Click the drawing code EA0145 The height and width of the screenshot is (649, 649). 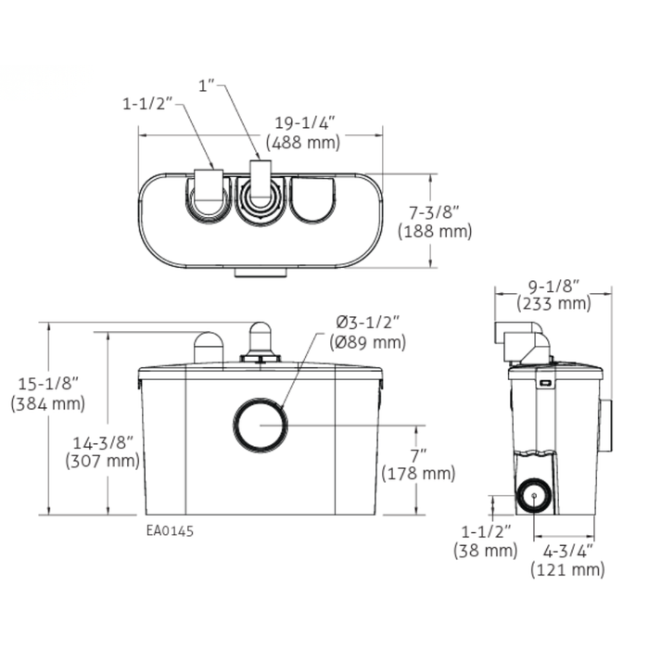[170, 531]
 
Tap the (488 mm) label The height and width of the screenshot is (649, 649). [302, 143]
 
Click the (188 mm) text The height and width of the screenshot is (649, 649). [434, 233]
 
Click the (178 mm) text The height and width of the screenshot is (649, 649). [417, 474]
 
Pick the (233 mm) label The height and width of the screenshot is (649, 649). [553, 303]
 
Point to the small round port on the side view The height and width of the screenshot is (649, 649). [533, 495]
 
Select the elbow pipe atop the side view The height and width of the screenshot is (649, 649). [524, 339]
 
